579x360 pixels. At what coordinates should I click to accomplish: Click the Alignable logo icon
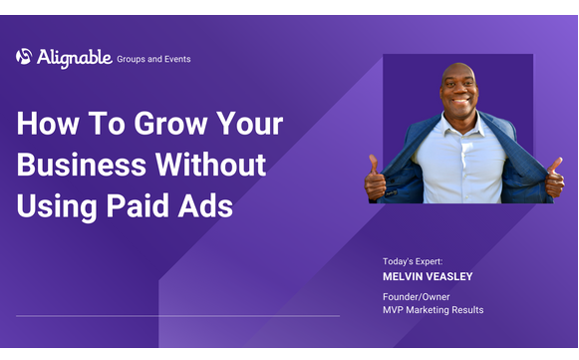[24, 57]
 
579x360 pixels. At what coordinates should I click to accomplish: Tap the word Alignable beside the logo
[75, 58]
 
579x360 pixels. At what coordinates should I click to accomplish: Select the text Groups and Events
[153, 59]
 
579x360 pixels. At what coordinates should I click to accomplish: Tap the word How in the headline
[49, 126]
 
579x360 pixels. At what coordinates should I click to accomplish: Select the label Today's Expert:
[413, 261]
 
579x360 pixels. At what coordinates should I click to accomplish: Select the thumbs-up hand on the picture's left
[377, 177]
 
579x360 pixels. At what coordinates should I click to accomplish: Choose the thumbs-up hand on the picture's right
[554, 177]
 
